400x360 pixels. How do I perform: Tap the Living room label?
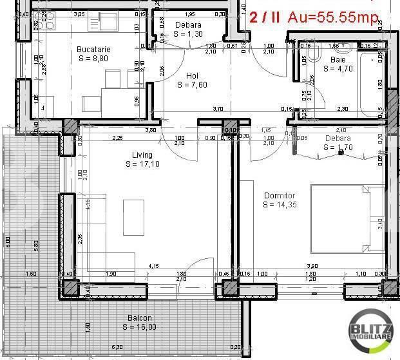click(142, 155)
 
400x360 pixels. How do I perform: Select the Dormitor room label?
click(279, 196)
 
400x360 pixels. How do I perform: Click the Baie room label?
click(338, 59)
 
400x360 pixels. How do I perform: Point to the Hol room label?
click(192, 75)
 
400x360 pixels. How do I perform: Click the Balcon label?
click(139, 318)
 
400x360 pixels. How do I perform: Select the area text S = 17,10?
click(142, 164)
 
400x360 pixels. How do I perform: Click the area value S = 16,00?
click(139, 327)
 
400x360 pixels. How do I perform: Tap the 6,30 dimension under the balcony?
click(117, 347)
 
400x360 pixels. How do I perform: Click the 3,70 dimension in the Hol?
click(217, 109)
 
